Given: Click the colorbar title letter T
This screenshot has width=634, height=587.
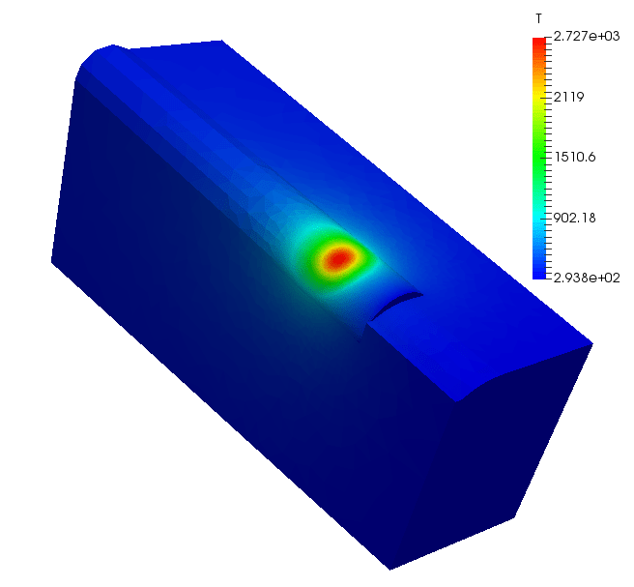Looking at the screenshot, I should (x=537, y=19).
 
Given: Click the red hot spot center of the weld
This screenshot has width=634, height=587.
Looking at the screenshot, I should (x=338, y=258).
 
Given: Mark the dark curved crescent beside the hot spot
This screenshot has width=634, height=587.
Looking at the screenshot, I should (x=396, y=304).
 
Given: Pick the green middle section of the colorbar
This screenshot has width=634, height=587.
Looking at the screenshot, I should (x=538, y=160).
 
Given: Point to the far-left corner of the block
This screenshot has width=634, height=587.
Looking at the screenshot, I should (x=52, y=261).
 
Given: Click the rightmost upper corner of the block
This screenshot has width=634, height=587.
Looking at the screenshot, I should (x=591, y=343).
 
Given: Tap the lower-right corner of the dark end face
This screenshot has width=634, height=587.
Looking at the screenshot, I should (x=513, y=518).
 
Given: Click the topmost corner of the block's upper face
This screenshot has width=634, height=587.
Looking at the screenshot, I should (x=221, y=41).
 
